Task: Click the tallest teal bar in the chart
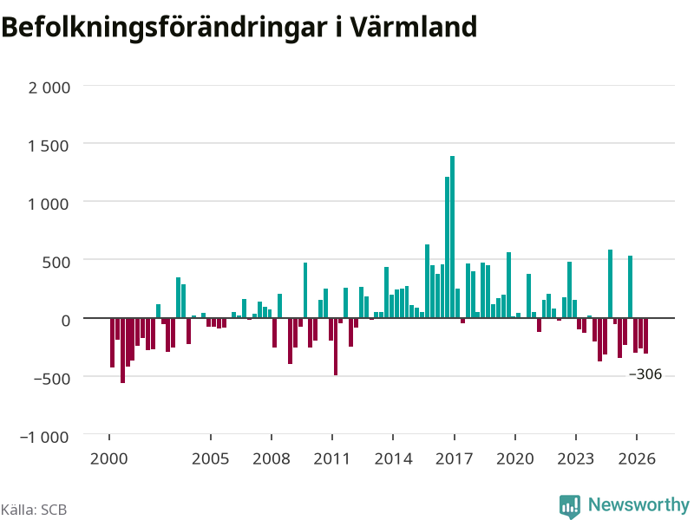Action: tap(452, 237)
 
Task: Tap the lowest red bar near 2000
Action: tap(122, 350)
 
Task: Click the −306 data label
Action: tap(645, 374)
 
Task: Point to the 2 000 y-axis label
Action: tap(49, 88)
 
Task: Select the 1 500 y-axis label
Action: tap(49, 146)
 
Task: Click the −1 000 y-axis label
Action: tap(44, 437)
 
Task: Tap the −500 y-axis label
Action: tap(52, 379)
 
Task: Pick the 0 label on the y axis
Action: tap(66, 320)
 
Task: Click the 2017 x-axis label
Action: tap(454, 458)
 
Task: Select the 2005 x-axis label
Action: tap(210, 458)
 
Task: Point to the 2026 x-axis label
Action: tap(637, 458)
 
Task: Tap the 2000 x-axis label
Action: tap(109, 458)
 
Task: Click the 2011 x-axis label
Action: tap(332, 458)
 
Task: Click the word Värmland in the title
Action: tap(414, 27)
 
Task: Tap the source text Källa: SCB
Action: tap(34, 510)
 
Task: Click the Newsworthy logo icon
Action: tap(570, 506)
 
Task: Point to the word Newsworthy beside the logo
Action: tap(638, 504)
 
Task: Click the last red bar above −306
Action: tap(645, 335)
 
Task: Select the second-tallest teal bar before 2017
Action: tap(447, 247)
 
